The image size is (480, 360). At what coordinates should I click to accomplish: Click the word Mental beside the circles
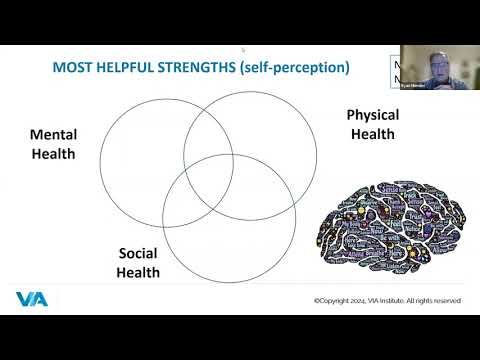pos(53,135)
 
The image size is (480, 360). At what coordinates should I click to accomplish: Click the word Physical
pos(373,116)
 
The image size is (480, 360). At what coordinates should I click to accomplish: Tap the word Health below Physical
pos(373,134)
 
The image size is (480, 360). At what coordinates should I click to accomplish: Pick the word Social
pos(138,254)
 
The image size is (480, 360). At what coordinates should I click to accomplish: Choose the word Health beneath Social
pos(138,272)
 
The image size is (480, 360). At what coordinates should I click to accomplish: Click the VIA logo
pos(30,299)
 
